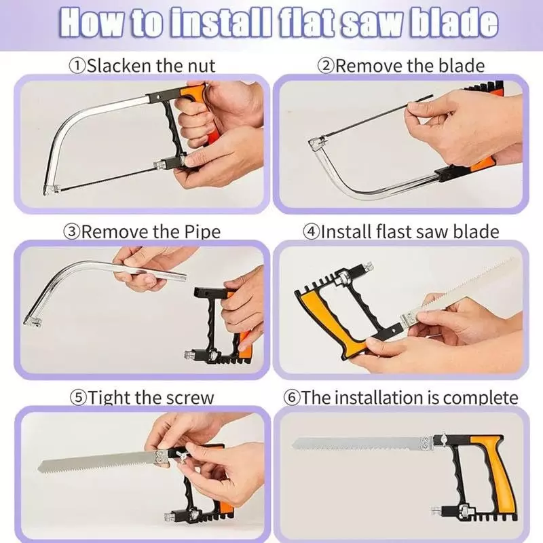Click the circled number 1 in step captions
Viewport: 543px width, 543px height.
(x=76, y=66)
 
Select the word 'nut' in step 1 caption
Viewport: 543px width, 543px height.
(x=201, y=66)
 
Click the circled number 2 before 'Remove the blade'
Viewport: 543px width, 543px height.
(x=327, y=66)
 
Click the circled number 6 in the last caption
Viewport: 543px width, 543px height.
(x=292, y=397)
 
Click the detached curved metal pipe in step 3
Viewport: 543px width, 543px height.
(x=75, y=278)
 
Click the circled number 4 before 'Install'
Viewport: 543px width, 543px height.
(x=311, y=231)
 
